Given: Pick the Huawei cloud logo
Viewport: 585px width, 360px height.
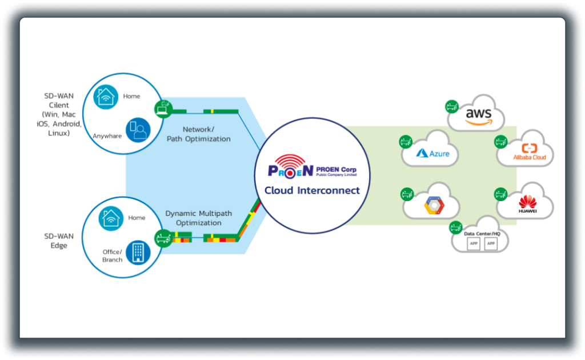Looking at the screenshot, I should pos(527,204).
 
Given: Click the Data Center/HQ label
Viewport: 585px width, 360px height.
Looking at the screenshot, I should pos(482,234).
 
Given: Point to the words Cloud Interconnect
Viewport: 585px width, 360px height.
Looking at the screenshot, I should pos(312,190).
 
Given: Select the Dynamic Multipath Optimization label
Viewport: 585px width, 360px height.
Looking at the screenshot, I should pos(198,218).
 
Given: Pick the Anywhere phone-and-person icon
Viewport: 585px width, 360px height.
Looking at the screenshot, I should pos(138,130).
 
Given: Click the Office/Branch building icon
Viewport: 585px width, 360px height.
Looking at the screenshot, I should pos(138,252).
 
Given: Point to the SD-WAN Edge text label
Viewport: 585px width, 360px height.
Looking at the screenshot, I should pos(55,240).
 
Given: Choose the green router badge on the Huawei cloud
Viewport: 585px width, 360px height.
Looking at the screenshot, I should pos(500,193).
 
